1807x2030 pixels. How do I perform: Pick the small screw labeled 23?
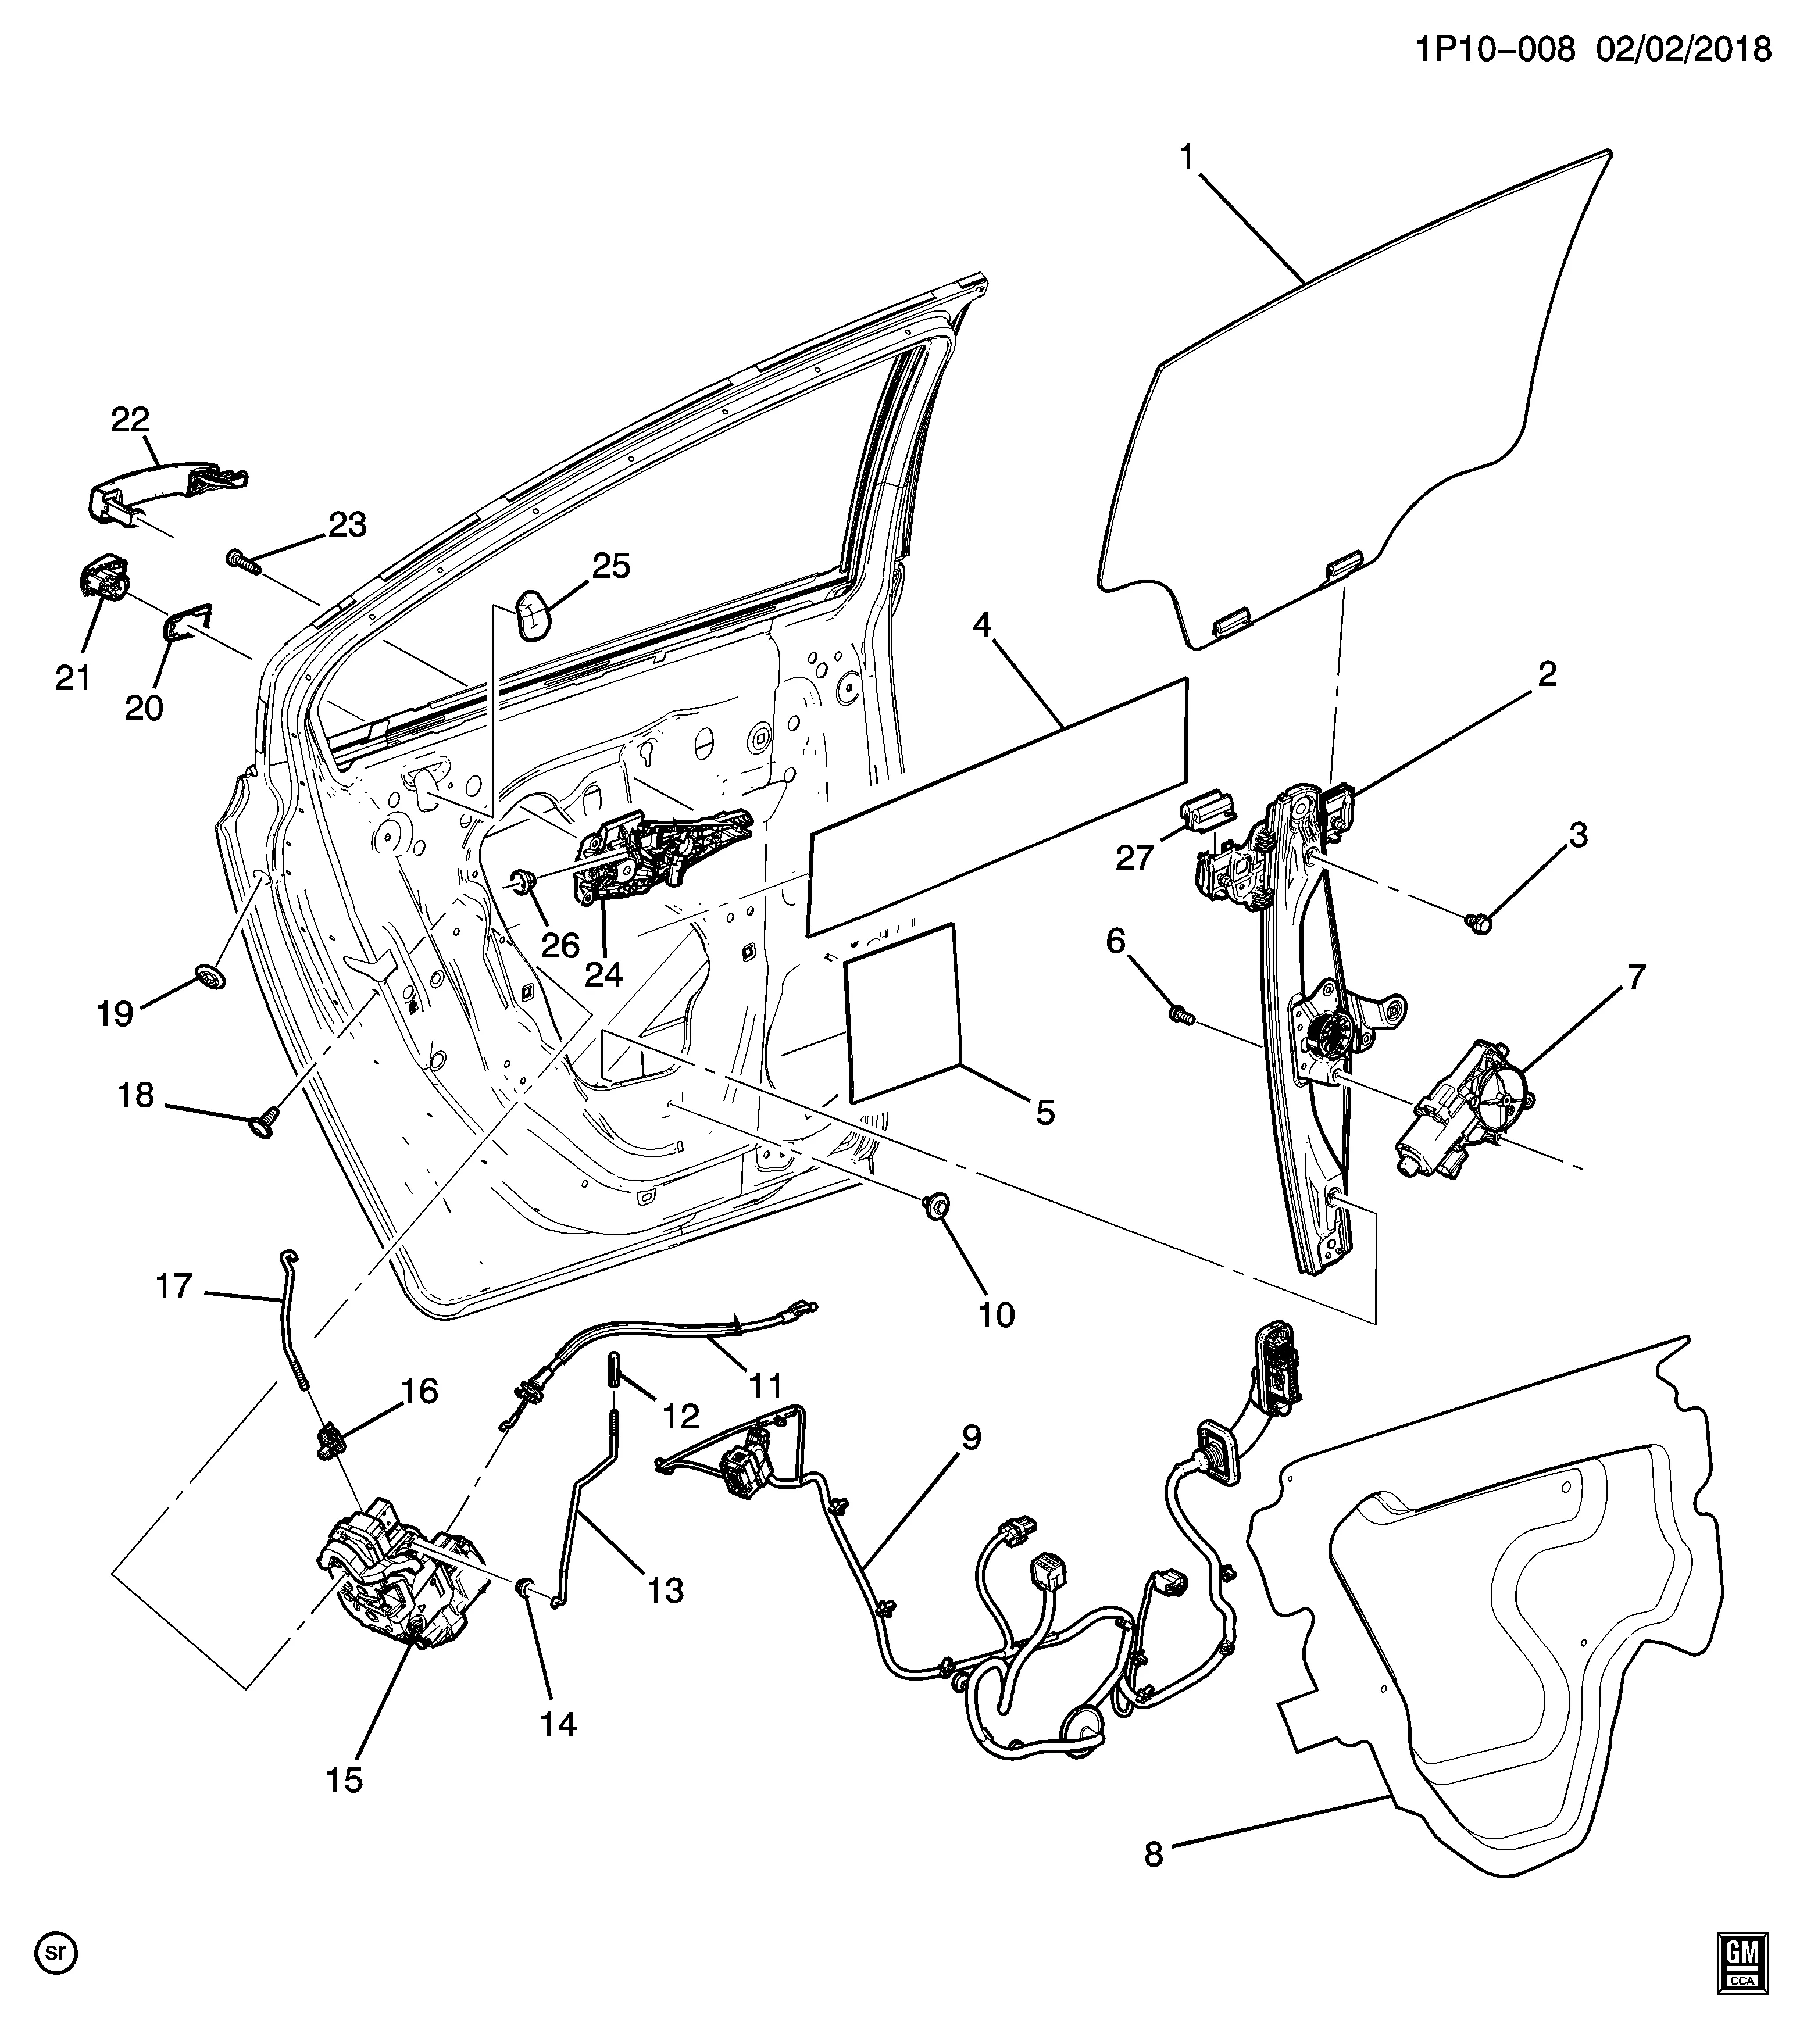244,561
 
